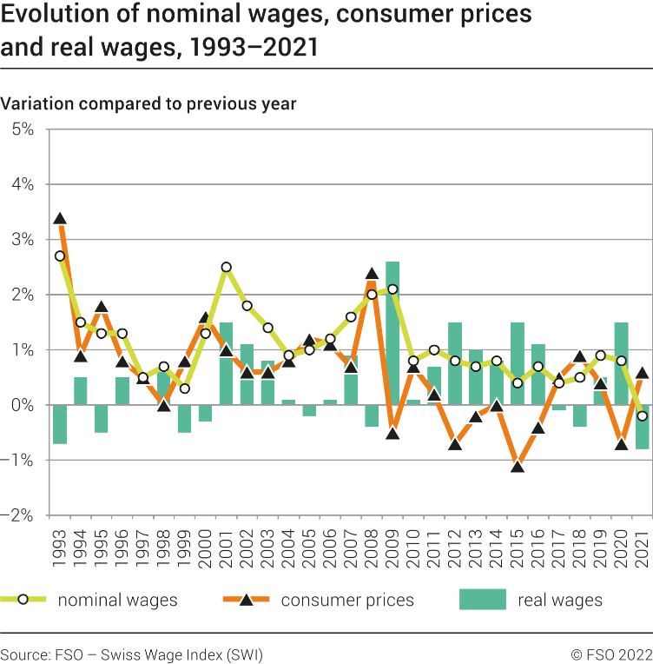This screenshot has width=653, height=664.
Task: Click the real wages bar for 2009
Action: (392, 333)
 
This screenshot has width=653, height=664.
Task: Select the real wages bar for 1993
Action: (60, 424)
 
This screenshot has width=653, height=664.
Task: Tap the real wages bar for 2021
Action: (643, 427)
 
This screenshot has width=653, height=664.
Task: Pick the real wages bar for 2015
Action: (518, 363)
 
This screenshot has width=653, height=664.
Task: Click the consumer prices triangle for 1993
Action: (60, 219)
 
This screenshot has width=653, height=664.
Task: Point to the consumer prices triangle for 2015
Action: (518, 467)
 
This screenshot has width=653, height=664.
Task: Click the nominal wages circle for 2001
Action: (227, 268)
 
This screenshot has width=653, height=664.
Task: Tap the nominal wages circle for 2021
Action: (643, 416)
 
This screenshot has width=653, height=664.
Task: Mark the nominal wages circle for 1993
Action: (60, 256)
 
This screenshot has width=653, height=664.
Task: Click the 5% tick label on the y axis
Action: (22, 129)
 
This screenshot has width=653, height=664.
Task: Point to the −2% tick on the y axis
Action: (22, 515)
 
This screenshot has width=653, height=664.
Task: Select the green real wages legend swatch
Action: (481, 600)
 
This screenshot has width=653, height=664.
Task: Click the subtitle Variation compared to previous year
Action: (148, 103)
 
